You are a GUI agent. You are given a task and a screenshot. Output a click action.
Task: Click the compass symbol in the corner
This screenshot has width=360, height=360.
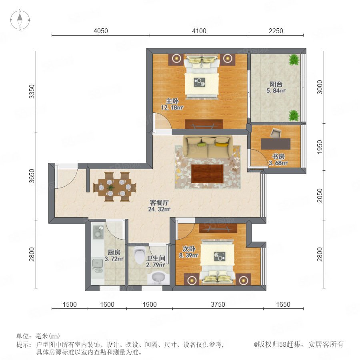click(20, 20)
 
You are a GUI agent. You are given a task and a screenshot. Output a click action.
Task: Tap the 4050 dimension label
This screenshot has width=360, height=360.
click(101, 31)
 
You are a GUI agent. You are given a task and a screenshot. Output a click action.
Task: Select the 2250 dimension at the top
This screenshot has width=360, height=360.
click(276, 31)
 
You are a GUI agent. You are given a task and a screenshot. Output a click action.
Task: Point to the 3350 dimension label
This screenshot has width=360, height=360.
click(32, 92)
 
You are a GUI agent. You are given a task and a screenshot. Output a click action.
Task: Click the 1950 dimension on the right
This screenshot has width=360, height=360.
click(320, 147)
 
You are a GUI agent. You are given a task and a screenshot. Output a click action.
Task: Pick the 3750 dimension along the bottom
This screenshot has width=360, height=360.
click(218, 304)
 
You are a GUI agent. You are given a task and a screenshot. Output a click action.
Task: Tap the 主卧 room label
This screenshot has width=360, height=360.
click(172, 101)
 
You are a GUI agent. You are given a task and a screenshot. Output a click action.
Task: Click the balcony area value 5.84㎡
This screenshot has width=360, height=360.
click(276, 91)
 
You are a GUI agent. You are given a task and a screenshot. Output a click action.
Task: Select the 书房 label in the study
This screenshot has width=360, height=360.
click(278, 156)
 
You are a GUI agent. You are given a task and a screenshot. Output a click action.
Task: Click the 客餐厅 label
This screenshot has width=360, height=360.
click(159, 203)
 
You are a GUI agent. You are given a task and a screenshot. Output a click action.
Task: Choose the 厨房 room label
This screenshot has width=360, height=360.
click(114, 252)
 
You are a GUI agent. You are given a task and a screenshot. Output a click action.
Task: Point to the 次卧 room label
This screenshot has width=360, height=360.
click(189, 249)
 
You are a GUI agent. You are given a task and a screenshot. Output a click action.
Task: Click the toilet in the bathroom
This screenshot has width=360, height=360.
click(139, 255)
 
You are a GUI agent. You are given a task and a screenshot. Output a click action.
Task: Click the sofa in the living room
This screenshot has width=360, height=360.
click(208, 147)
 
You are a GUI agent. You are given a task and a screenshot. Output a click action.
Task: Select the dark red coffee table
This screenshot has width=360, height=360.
click(207, 174)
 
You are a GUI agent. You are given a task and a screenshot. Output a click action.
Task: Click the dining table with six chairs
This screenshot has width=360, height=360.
click(114, 187)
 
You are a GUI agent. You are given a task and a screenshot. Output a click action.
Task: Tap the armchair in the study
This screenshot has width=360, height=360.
click(275, 133)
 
